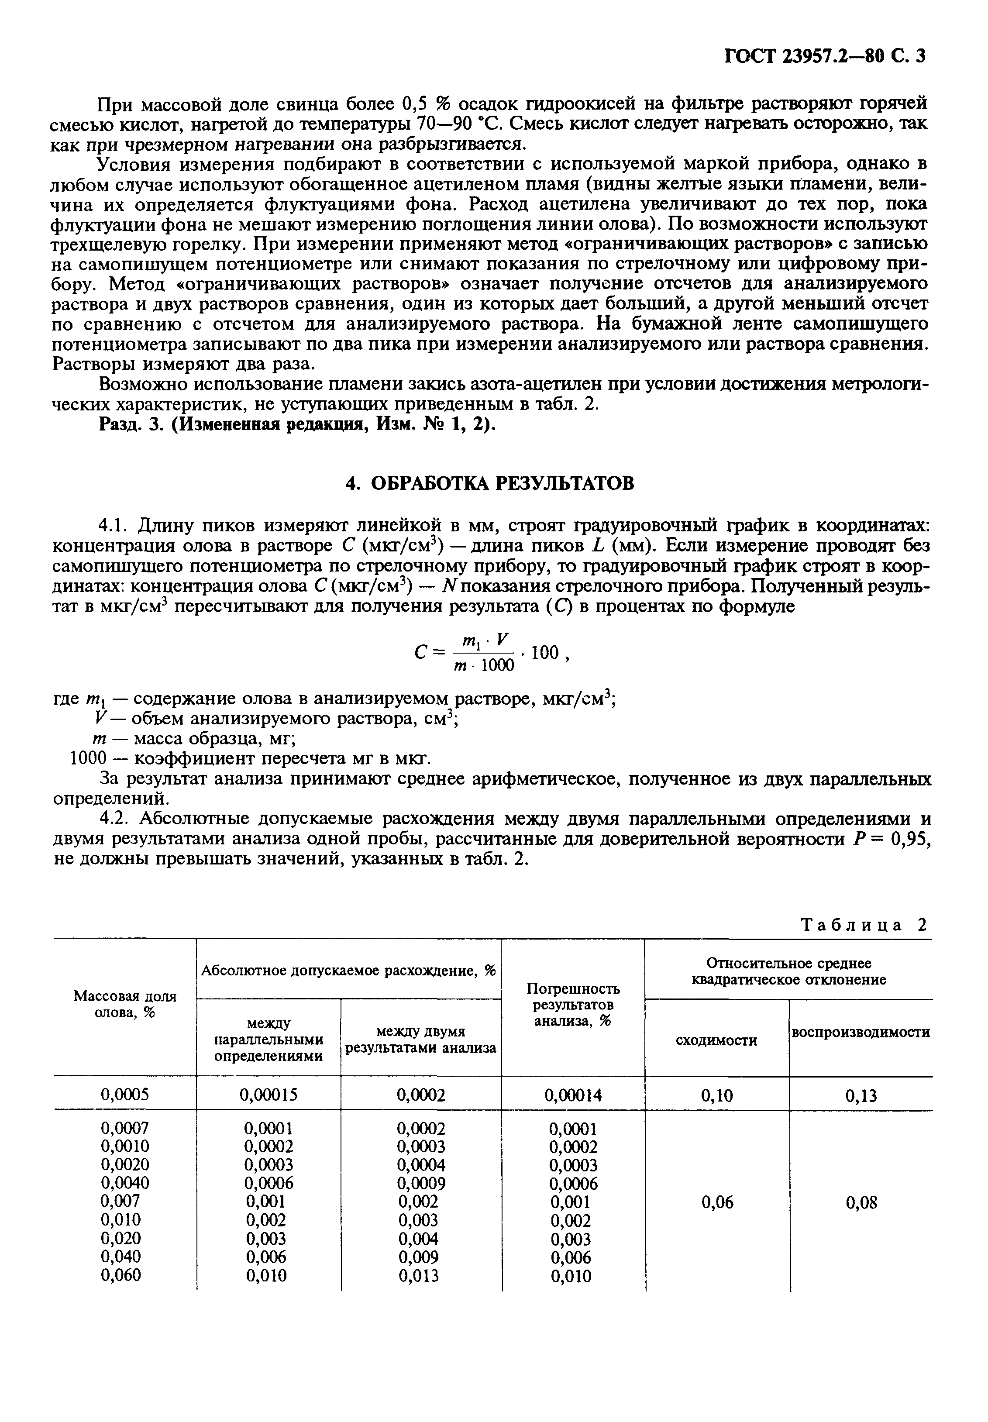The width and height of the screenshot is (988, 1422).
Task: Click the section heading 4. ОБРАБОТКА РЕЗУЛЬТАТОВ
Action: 489,483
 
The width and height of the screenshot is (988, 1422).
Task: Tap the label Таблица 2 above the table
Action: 865,926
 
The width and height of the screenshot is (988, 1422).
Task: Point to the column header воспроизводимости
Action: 861,1032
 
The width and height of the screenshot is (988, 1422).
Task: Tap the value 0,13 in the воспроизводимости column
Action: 861,1096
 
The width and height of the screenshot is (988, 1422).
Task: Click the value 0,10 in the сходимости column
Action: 716,1096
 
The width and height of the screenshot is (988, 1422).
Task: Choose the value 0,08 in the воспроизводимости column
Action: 861,1203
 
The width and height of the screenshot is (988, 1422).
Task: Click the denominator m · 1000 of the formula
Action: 483,665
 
